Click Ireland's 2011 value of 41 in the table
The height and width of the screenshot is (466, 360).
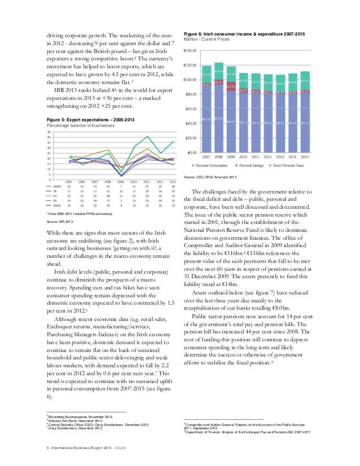click(x=147, y=186)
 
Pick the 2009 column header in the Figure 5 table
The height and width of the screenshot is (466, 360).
click(x=120, y=181)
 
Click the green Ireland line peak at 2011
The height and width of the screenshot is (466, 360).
click(x=147, y=136)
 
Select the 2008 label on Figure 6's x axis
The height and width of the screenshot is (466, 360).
click(x=218, y=157)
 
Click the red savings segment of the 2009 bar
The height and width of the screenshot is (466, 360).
click(x=231, y=87)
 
